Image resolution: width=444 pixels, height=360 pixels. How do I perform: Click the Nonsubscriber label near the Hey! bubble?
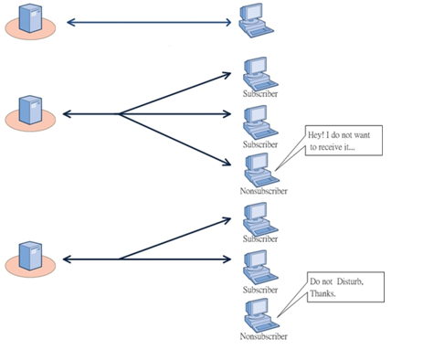264,192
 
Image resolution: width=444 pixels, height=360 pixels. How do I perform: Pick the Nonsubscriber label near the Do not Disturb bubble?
264,336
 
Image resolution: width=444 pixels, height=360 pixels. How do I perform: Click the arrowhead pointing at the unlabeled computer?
229,22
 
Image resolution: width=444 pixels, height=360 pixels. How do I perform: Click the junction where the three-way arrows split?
120,114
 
